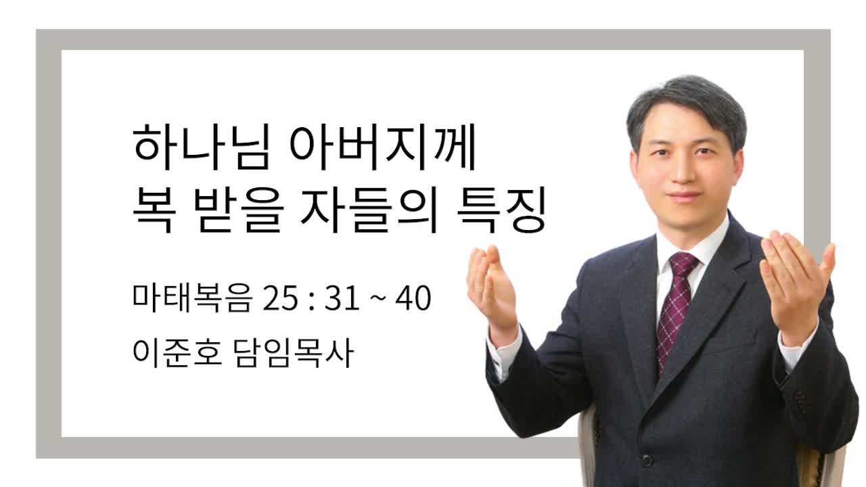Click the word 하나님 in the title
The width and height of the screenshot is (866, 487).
[x=201, y=147]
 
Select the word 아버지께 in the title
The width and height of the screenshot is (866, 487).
[x=382, y=147]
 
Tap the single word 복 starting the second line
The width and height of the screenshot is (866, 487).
[x=154, y=210]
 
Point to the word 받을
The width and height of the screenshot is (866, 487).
[x=239, y=210]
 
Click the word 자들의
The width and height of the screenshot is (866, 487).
[x=369, y=210]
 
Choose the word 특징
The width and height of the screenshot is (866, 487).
[x=501, y=210]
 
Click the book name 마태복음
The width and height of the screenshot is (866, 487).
[x=193, y=298]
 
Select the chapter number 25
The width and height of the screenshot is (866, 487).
[x=281, y=298]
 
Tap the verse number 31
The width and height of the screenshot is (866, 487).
[x=342, y=298]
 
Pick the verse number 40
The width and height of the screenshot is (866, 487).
[x=413, y=298]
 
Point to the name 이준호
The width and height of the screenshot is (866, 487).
[x=177, y=353]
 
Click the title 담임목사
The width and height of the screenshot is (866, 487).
[x=294, y=353]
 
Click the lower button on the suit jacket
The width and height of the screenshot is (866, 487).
[x=647, y=461]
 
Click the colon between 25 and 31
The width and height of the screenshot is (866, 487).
[x=312, y=301]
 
